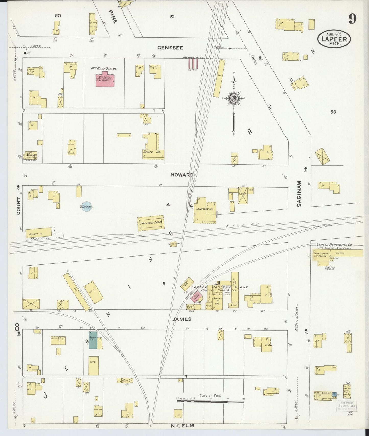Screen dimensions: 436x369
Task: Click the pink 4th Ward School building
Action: tap(105, 81)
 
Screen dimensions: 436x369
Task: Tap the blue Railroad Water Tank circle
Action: tap(87, 207)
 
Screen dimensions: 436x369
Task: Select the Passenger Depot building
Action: tap(151, 223)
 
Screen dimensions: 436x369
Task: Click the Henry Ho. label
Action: tap(152, 152)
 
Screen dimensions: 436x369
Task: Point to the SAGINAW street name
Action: tap(299, 194)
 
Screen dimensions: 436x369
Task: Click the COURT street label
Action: tap(18, 206)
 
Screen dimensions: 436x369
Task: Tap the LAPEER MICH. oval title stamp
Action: tap(334, 39)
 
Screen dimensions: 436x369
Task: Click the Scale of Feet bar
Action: tap(210, 401)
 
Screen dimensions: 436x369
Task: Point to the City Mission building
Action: tap(31, 155)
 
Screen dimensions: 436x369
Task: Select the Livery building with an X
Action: tap(243, 196)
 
